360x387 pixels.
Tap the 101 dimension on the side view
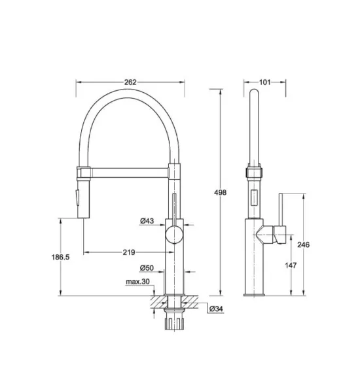(x=264, y=82)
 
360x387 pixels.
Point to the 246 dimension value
(x=302, y=244)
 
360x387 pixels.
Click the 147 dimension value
(x=291, y=266)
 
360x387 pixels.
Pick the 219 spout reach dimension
(x=130, y=252)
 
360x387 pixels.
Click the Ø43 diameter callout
(x=147, y=221)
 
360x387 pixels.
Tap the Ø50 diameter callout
(x=147, y=268)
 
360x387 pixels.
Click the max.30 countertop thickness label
(x=138, y=282)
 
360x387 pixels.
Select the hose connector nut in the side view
(x=253, y=173)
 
